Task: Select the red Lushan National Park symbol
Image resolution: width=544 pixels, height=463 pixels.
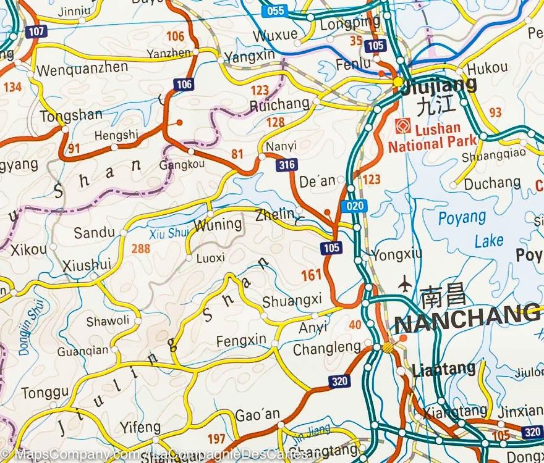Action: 402,126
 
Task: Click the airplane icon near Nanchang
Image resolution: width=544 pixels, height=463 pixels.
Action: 406,284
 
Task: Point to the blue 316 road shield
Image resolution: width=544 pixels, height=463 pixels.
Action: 287,165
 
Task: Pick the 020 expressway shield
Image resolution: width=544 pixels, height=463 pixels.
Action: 354,206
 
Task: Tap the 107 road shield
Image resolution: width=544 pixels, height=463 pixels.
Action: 36,31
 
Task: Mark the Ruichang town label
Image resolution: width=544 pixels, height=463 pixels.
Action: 279,105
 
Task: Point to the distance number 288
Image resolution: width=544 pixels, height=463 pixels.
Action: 141,249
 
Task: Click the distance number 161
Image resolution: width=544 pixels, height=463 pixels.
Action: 312,275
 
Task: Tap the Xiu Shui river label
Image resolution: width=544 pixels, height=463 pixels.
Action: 169,233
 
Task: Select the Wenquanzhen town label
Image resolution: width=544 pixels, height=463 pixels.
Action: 82,68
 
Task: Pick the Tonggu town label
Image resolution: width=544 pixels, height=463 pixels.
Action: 45,393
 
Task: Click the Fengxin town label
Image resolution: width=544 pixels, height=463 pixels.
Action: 241,340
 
